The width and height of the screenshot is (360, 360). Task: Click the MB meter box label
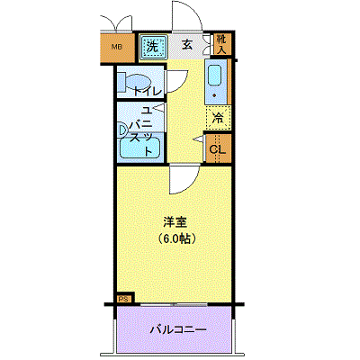click(117, 47)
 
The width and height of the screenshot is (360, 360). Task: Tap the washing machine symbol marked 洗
click(154, 47)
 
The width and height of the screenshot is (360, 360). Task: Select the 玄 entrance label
click(187, 45)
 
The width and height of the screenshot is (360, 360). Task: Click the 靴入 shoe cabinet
click(222, 44)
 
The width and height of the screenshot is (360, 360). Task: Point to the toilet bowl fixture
click(137, 82)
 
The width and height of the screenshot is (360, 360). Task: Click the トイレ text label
click(148, 91)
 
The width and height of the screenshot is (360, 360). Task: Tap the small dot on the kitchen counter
click(214, 95)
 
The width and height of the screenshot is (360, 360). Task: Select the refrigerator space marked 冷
click(218, 118)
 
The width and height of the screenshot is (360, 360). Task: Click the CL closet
click(218, 148)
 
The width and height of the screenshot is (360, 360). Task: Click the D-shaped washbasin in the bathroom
click(123, 130)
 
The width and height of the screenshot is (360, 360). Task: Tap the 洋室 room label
click(175, 222)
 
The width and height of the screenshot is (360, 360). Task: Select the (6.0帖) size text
click(175, 238)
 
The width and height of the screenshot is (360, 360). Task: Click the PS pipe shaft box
click(125, 298)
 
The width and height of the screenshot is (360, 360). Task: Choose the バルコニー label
click(178, 330)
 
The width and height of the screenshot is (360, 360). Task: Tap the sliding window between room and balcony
click(174, 305)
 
